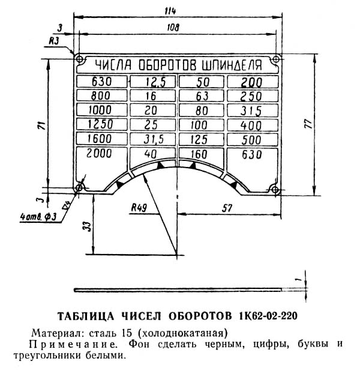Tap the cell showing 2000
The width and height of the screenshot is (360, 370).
[x=100, y=154]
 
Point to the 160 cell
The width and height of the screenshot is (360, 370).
[x=201, y=154]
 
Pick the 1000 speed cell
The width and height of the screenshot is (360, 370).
[x=100, y=111]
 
